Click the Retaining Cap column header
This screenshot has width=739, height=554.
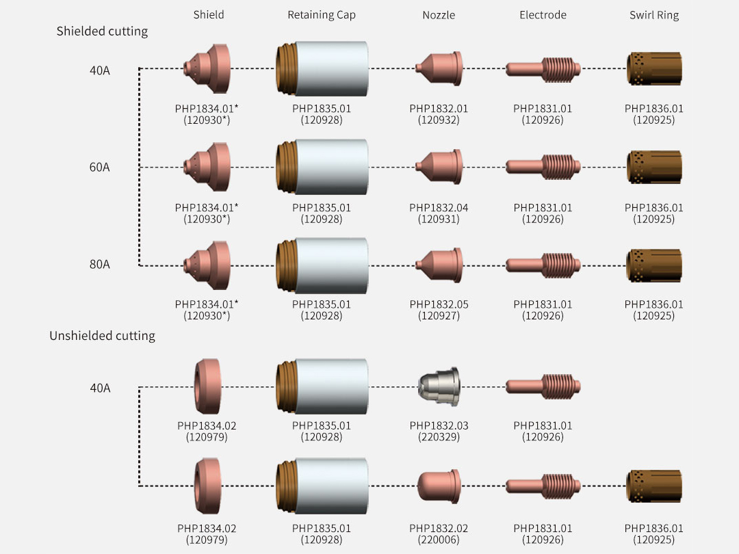click(x=322, y=15)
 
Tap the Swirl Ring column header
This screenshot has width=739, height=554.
click(x=654, y=15)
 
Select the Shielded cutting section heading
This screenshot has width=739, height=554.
click(x=102, y=31)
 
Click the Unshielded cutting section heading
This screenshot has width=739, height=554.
click(x=102, y=335)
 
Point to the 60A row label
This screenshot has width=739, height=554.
click(x=99, y=168)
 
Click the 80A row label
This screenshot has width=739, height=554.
click(x=99, y=264)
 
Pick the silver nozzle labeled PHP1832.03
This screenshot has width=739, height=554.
click(x=439, y=386)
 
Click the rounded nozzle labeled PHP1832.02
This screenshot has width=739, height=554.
click(x=439, y=486)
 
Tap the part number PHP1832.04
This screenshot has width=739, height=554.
click(x=439, y=208)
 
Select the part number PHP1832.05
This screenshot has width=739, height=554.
click(x=439, y=304)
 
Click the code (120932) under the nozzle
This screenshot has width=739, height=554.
click(x=439, y=120)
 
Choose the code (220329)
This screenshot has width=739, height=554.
click(x=439, y=437)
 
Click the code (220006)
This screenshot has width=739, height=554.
click(x=439, y=540)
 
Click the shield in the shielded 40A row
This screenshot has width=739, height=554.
click(x=207, y=69)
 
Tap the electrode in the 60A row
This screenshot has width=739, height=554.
click(x=543, y=167)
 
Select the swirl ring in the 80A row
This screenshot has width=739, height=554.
click(x=654, y=265)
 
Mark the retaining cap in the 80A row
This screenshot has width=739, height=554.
click(x=322, y=265)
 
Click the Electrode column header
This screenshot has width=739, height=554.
click(x=543, y=15)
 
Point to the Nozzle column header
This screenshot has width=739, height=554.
click(x=439, y=15)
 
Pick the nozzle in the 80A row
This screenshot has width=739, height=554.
click(x=439, y=265)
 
